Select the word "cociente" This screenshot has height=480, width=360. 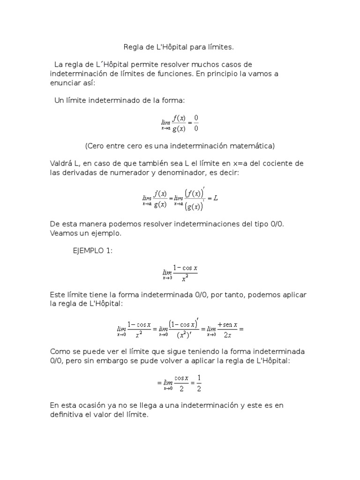point(277,163)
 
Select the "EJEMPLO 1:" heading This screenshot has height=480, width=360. point(92,251)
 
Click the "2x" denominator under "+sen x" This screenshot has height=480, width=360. point(228,335)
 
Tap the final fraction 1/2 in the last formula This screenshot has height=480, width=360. point(199,383)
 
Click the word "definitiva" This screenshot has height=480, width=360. point(67,415)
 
